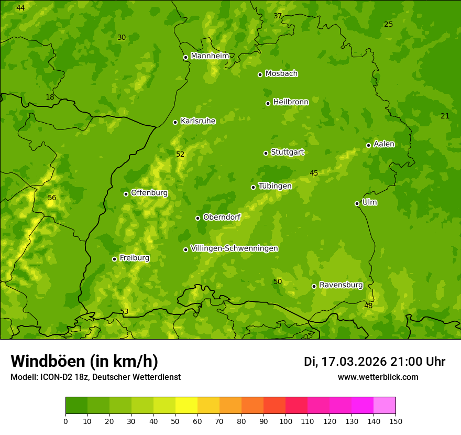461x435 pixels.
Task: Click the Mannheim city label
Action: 210,56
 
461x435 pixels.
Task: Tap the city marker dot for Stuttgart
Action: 266,153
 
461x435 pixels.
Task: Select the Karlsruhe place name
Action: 197,121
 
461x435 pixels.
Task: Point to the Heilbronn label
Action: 291,102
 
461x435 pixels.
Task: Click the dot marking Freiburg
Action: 114,259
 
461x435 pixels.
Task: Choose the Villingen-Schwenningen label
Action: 234,248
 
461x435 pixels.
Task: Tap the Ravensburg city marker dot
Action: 314,286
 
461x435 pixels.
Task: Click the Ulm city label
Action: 369,202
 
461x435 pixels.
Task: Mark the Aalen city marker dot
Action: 368,145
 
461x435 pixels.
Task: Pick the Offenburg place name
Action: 149,193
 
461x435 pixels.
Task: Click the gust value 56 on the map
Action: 52,198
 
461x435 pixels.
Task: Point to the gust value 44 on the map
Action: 20,8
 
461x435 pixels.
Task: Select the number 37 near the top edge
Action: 278,16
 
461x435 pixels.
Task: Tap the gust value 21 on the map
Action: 445,116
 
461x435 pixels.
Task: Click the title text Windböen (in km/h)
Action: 84,361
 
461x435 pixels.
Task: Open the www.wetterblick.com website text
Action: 378,377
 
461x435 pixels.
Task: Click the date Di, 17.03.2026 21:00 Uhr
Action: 375,362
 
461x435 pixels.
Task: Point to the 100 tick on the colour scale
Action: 286,421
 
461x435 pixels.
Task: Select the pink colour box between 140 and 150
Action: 385,406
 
